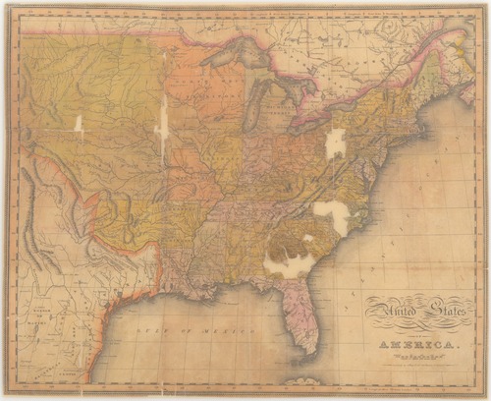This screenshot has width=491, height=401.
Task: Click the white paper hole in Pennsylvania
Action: point(336,143)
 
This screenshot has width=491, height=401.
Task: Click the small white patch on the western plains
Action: point(77,125)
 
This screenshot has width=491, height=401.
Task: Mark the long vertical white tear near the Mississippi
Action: point(162,128)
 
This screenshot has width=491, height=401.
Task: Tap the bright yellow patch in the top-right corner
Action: point(453,39)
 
